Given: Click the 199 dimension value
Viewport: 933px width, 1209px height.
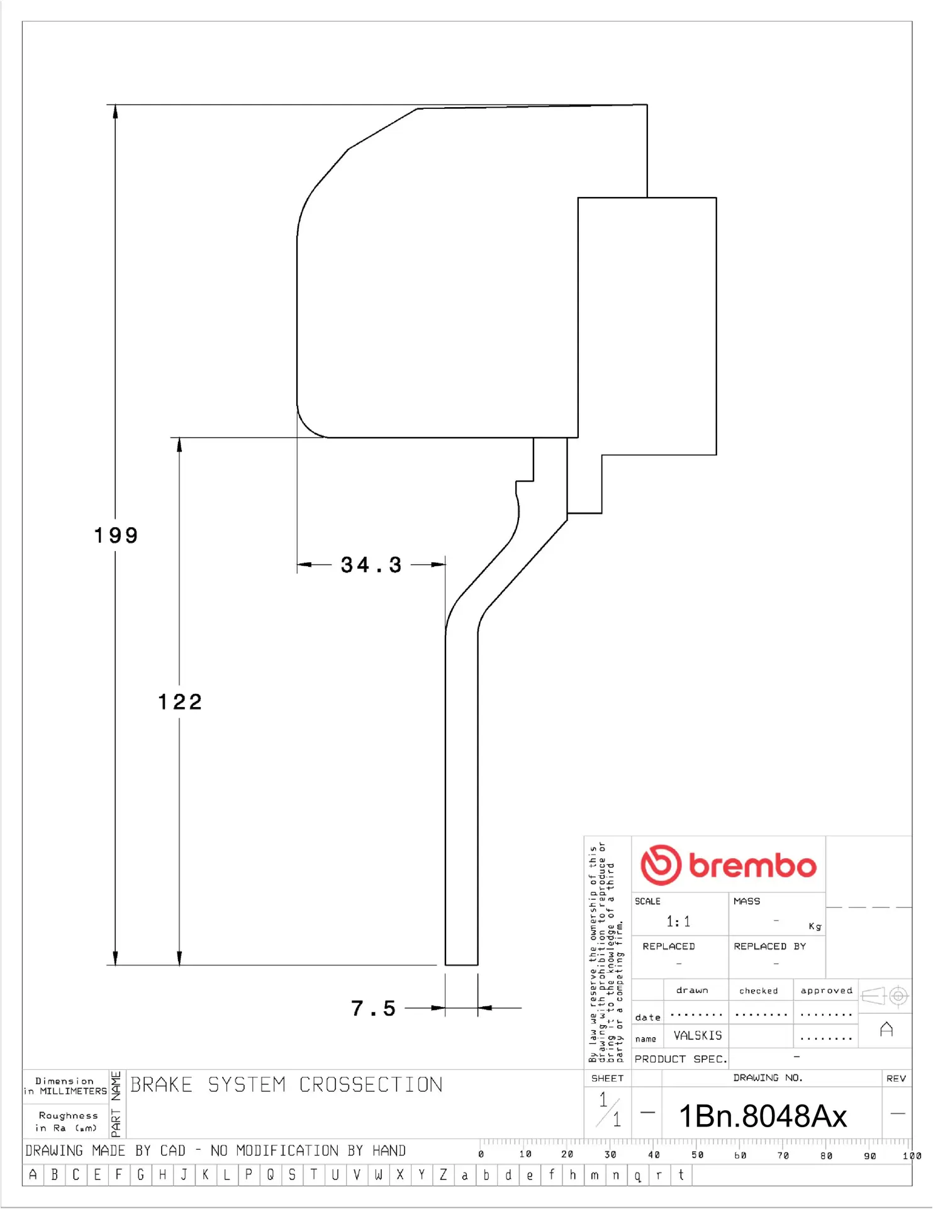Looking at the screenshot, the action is click(116, 535).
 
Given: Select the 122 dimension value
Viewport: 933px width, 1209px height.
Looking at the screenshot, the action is click(180, 701).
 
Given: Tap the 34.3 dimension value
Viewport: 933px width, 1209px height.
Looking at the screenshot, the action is click(371, 565).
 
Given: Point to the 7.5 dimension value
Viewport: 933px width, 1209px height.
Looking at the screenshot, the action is click(373, 1008).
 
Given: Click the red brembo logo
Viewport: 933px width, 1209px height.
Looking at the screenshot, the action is click(728, 865).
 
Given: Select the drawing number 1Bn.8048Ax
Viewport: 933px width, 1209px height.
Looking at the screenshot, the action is click(763, 1116).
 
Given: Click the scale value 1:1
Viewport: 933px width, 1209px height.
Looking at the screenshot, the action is click(678, 922).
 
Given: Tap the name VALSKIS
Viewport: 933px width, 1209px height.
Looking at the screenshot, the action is click(698, 1035).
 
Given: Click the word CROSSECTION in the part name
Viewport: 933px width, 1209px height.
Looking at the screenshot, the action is click(371, 1084).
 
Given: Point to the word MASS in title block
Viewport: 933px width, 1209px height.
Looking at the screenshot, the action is click(747, 901).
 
